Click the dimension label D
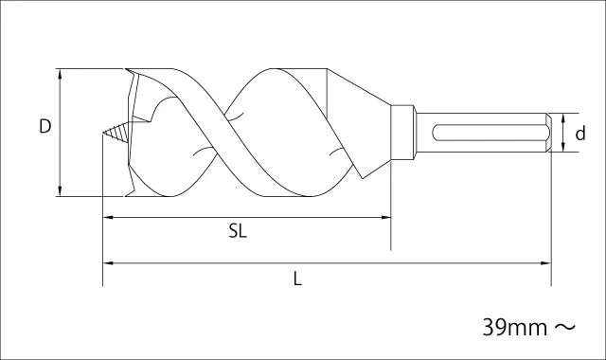[45, 126]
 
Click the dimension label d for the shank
[580, 134]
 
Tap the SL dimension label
[238, 231]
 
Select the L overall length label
[297, 279]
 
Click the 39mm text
[515, 328]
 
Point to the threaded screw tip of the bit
[116, 133]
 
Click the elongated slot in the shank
[490, 133]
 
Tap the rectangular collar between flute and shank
[402, 133]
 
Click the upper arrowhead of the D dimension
[60, 74]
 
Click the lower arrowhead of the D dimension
[60, 191]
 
